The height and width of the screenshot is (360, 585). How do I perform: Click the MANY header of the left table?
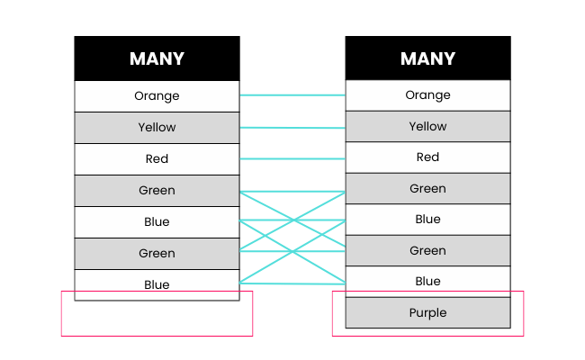click(157, 58)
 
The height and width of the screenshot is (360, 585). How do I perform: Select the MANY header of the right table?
click(427, 58)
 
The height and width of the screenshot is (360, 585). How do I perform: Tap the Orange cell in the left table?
click(157, 96)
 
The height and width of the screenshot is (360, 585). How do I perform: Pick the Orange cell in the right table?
click(427, 95)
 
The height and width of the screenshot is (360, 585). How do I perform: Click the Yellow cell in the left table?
click(157, 128)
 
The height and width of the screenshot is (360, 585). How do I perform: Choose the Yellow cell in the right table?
click(427, 127)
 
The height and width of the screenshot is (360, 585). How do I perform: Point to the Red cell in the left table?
click(157, 159)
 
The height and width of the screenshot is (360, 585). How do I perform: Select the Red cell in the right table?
click(427, 157)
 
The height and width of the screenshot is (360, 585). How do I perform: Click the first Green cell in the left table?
click(157, 191)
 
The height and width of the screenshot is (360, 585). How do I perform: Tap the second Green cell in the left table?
click(157, 254)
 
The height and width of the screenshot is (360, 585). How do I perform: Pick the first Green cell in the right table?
click(427, 189)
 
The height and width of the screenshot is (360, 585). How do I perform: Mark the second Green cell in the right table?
click(427, 251)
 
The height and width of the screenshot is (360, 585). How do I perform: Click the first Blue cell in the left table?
click(157, 222)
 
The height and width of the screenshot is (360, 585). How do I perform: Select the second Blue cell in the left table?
click(157, 284)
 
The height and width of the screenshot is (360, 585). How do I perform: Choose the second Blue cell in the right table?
click(427, 282)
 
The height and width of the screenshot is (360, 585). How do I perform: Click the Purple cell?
click(427, 313)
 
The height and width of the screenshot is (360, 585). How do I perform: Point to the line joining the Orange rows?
click(292, 94)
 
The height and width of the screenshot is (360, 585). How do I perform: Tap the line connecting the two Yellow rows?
click(292, 127)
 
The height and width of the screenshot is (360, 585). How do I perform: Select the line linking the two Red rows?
click(292, 158)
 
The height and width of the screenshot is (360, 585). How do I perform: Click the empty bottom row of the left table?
click(157, 296)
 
